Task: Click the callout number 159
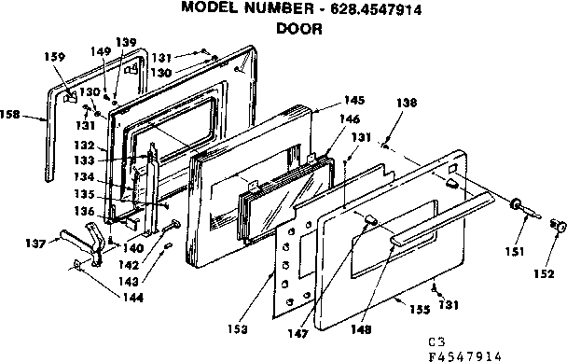tap(55, 57)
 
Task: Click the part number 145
tap(327, 101)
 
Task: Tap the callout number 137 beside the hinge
tap(35, 244)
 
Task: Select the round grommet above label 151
tap(514, 205)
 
